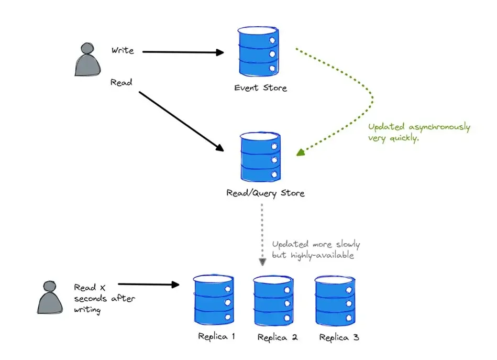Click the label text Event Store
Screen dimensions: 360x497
tap(260, 88)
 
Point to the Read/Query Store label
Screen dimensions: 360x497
tap(265, 193)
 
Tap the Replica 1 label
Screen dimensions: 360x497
tap(216, 336)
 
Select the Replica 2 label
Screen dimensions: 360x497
tap(278, 337)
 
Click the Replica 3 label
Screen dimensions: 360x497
tap(339, 337)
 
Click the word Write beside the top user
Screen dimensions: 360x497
tap(123, 51)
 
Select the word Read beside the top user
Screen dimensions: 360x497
tap(121, 82)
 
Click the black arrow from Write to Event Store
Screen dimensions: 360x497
tap(183, 52)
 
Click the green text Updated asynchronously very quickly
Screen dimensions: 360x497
tap(418, 133)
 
